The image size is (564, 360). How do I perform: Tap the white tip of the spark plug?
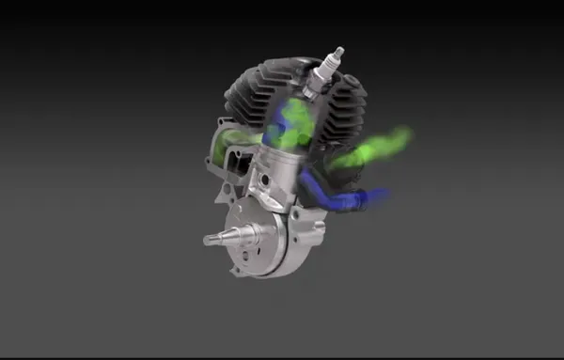337,53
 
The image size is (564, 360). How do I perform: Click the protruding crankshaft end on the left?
222,235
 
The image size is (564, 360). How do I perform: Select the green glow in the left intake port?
226,145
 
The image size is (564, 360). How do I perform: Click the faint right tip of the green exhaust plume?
406,136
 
